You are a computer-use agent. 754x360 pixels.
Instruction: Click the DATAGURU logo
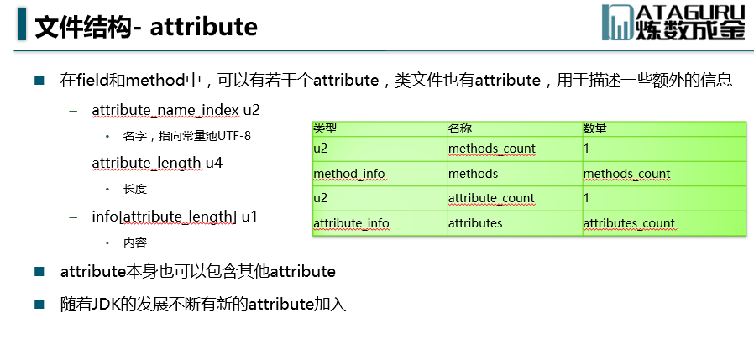(673, 23)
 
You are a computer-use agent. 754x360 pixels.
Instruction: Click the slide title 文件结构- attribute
(146, 27)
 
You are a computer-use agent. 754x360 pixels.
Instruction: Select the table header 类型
(325, 128)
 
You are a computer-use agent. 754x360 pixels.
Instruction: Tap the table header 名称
(460, 128)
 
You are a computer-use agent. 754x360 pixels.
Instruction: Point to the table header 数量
(594, 128)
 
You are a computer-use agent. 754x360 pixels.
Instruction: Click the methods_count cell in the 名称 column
(492, 149)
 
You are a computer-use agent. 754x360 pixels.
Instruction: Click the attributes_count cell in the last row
(629, 223)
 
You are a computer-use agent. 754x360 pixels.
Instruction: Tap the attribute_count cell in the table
(491, 199)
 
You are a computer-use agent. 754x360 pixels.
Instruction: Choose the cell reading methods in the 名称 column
(474, 174)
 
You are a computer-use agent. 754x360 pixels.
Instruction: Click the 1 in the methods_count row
(586, 149)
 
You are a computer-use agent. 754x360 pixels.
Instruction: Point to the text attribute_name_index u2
(176, 110)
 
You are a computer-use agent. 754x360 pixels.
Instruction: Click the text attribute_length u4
(157, 163)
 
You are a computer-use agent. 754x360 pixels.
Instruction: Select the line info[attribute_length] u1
(175, 217)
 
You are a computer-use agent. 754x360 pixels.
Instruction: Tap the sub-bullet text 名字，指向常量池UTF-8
(187, 136)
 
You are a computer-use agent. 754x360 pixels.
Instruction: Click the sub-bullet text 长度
(134, 189)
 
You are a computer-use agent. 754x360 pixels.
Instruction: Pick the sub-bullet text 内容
(134, 243)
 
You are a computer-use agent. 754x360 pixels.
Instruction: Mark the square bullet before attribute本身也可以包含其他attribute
(39, 272)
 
